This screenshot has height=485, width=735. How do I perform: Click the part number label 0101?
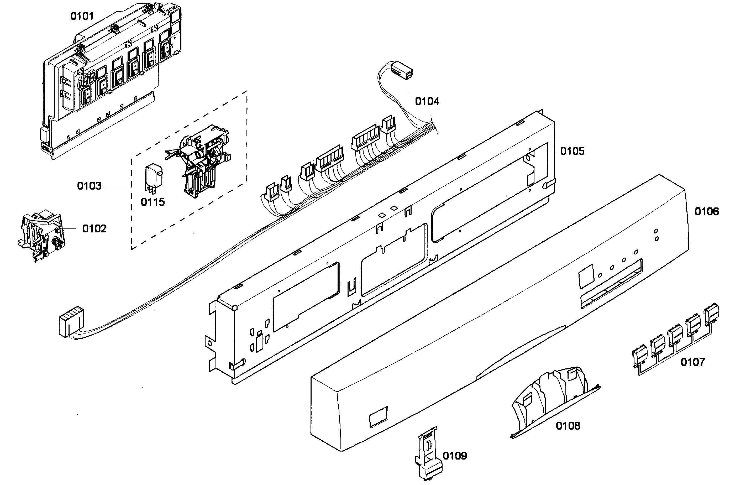pyautogui.click(x=82, y=16)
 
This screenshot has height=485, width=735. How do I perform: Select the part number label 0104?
pyautogui.click(x=427, y=101)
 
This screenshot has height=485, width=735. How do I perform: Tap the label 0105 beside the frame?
pyautogui.click(x=572, y=151)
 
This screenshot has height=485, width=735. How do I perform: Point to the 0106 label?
pyautogui.click(x=707, y=212)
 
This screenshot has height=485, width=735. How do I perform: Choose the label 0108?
pyautogui.click(x=568, y=426)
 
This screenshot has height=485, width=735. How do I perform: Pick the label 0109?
pyautogui.click(x=455, y=456)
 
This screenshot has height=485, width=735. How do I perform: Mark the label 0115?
pyautogui.click(x=153, y=202)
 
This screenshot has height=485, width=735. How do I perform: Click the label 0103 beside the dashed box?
pyautogui.click(x=89, y=186)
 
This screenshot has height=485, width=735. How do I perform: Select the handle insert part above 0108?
pyautogui.click(x=554, y=399)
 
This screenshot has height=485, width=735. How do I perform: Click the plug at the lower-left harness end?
pyautogui.click(x=71, y=322)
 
